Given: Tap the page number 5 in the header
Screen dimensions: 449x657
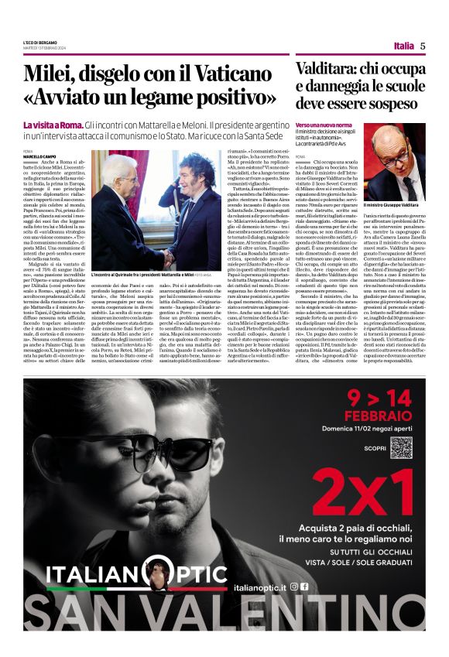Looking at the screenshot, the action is tap(423, 46).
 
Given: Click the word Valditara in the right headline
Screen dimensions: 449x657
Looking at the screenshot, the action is tap(327, 69).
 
